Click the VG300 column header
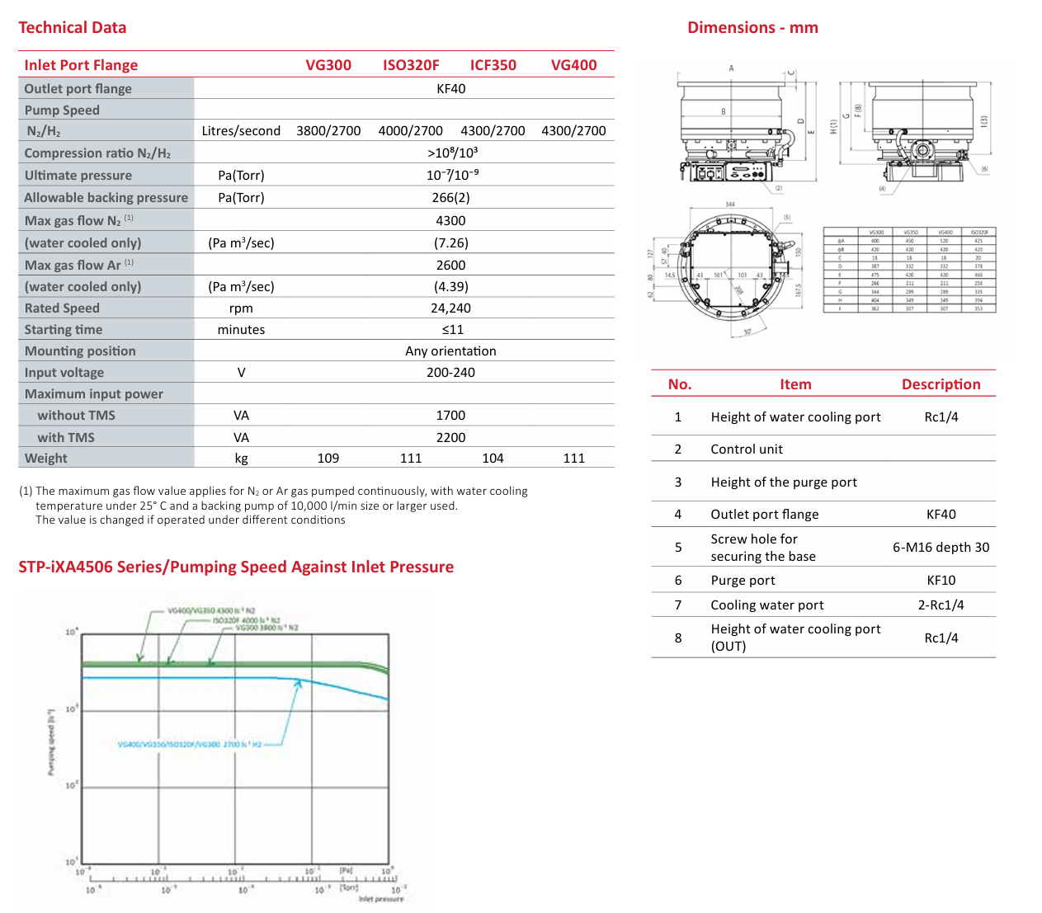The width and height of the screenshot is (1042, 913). coord(328,65)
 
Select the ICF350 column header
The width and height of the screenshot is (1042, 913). coord(493,65)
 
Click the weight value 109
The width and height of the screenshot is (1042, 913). coord(328,459)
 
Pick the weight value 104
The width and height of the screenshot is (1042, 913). coord(493,459)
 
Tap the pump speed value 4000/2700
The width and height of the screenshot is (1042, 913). coord(410,131)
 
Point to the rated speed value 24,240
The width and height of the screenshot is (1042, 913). coord(450,308)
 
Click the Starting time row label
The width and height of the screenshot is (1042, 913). coord(64,330)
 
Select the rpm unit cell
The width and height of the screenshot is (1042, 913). coord(241,308)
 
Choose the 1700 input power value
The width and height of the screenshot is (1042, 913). coord(450,416)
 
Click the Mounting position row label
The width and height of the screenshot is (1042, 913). coord(80,351)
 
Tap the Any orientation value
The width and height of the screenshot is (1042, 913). coord(450,351)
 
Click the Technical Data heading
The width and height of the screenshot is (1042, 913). coord(73,28)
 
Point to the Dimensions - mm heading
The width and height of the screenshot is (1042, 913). coord(752,28)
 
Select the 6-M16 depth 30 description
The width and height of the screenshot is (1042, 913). coord(941,548)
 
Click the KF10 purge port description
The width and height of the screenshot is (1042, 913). coord(941,581)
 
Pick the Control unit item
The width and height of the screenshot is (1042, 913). coord(747,449)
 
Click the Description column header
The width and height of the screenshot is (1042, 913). coord(941,384)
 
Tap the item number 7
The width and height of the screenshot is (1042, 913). coord(678,605)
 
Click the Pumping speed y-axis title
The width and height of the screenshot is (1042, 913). coord(51,741)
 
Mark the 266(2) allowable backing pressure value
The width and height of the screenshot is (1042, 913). coord(450,198)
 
